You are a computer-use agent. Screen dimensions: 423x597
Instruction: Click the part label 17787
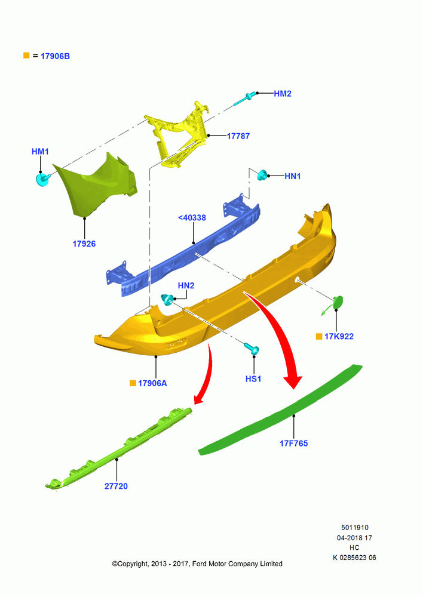tap(238, 136)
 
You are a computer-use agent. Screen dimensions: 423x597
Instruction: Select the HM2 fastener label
tap(283, 94)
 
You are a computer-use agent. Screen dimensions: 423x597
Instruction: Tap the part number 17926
tap(84, 244)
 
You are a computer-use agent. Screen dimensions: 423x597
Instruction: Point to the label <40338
tap(192, 218)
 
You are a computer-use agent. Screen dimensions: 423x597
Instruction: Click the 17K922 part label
tap(339, 337)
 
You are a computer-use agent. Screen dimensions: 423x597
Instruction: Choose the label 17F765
tap(294, 444)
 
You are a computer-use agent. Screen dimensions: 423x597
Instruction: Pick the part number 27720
tap(116, 486)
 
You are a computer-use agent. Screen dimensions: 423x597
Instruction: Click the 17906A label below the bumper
tap(152, 383)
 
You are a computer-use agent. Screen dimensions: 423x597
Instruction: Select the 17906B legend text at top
tap(55, 56)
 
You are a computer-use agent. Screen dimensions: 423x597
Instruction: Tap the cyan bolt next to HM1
tap(42, 179)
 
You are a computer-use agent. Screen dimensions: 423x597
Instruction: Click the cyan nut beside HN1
tap(262, 175)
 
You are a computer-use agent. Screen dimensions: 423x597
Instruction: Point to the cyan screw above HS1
tap(252, 348)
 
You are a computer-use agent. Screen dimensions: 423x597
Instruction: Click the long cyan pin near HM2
tap(244, 99)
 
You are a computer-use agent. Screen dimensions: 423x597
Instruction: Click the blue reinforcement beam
tap(183, 248)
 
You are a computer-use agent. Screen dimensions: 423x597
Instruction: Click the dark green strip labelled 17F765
tap(280, 410)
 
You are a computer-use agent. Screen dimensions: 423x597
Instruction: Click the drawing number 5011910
tap(355, 528)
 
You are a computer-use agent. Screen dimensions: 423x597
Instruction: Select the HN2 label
tap(186, 285)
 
